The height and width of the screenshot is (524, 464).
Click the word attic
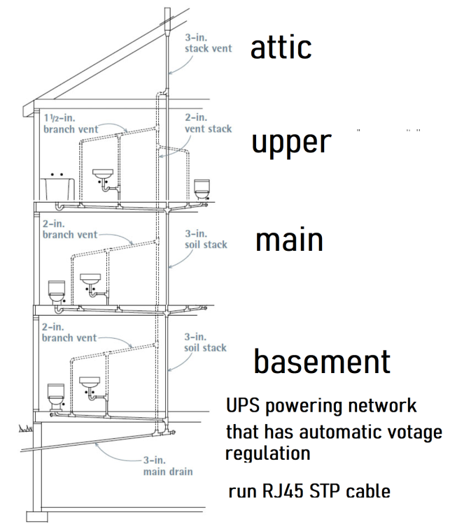[x=281, y=48]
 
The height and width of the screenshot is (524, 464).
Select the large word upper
[x=290, y=143]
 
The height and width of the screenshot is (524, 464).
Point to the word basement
[x=321, y=361]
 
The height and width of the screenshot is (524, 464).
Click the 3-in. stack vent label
[x=209, y=43]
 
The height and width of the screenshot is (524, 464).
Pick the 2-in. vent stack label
[x=208, y=123]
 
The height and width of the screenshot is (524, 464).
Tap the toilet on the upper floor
[x=202, y=188]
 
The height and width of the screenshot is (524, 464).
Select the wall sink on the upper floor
[x=104, y=175]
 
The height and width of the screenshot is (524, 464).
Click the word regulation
[x=267, y=453]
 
